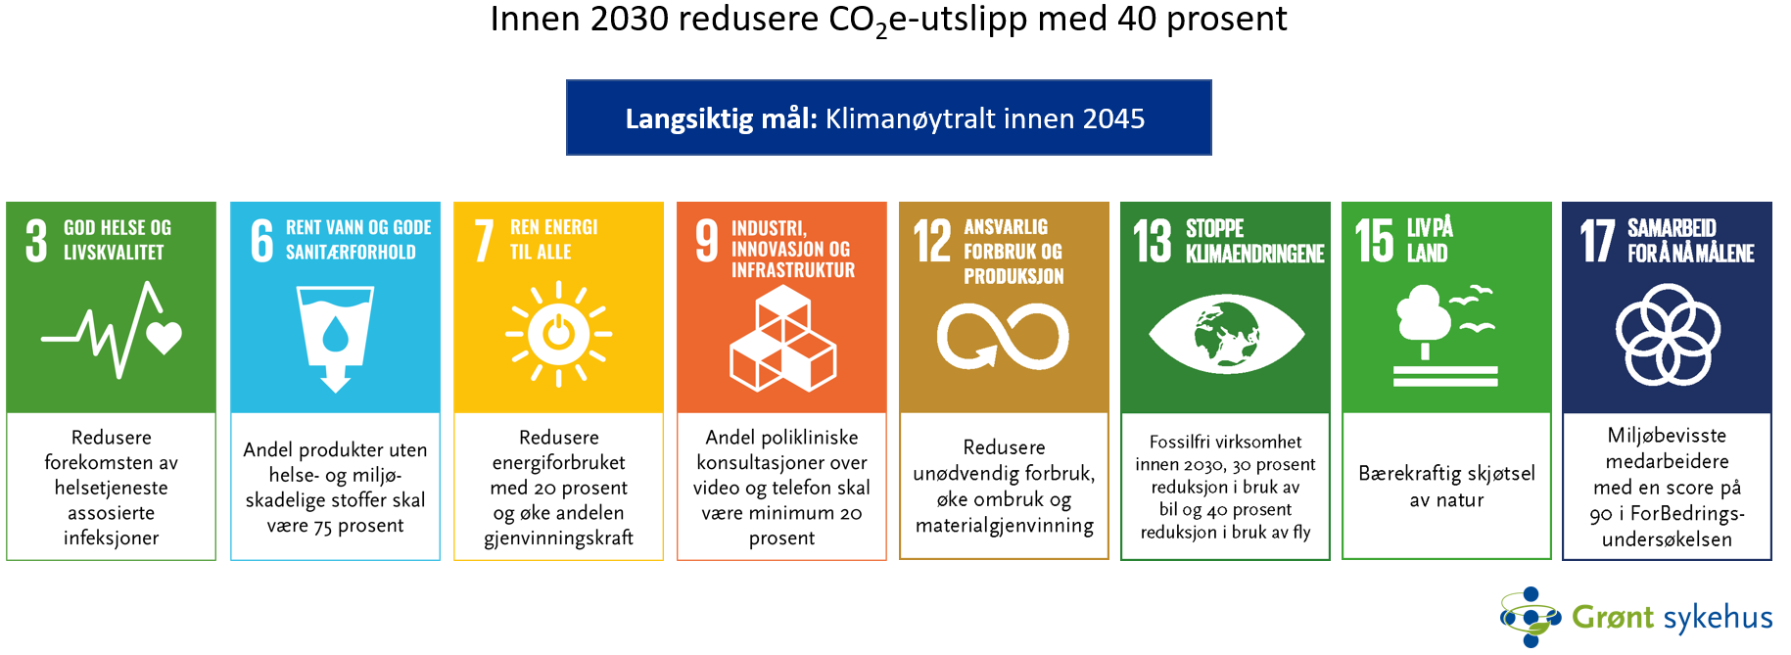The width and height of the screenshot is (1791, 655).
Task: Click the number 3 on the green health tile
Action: pyautogui.click(x=36, y=241)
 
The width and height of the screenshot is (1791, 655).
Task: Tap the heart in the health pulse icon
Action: pyautogui.click(x=164, y=338)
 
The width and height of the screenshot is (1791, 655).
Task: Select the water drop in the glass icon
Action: pyautogui.click(x=336, y=333)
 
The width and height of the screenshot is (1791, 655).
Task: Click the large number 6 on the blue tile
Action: pyautogui.click(x=261, y=241)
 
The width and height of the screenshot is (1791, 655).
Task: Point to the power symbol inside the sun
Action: pyautogui.click(x=558, y=333)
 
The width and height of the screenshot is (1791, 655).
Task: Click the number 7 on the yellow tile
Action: pyautogui.click(x=484, y=241)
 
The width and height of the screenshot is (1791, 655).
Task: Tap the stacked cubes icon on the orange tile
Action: pyautogui.click(x=783, y=338)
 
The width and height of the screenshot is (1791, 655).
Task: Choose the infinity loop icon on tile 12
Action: pyautogui.click(x=1003, y=336)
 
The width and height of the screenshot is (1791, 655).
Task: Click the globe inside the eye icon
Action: pyautogui.click(x=1225, y=334)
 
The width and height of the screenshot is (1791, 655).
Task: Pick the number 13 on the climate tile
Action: pyautogui.click(x=1153, y=242)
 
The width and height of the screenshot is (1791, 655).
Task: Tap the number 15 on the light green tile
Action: pyautogui.click(x=1375, y=242)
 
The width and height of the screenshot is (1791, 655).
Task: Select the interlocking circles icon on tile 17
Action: pyautogui.click(x=1668, y=334)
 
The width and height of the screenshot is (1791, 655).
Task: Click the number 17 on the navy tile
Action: pyautogui.click(x=1597, y=242)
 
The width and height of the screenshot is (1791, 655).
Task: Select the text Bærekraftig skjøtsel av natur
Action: pyautogui.click(x=1446, y=487)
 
